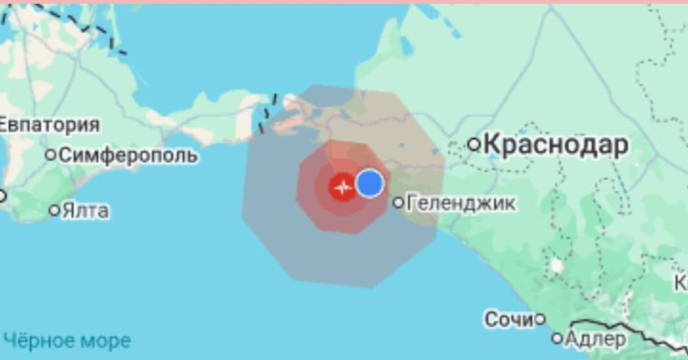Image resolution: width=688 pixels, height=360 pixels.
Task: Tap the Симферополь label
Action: pyautogui.click(x=129, y=155)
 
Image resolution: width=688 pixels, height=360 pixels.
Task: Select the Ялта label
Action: pyautogui.click(x=86, y=210)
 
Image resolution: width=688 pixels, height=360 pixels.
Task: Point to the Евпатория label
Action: pyautogui.click(x=49, y=124)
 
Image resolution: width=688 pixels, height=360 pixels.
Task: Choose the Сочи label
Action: pyautogui.click(x=509, y=320)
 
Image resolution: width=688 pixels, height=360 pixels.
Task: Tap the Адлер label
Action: pyautogui.click(x=596, y=339)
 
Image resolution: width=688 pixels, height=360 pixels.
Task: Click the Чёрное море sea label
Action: pyautogui.click(x=67, y=341)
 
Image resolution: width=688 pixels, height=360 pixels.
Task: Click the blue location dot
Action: pyautogui.click(x=369, y=183)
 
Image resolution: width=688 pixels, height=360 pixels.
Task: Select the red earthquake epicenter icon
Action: pyautogui.click(x=343, y=187)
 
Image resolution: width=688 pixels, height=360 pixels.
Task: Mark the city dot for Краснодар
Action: pyautogui.click(x=474, y=144)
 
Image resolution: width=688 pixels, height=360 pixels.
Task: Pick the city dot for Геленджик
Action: pyautogui.click(x=399, y=202)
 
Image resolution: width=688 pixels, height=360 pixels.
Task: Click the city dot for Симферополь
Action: pyautogui.click(x=51, y=154)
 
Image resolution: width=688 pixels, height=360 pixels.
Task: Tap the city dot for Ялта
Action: pyautogui.click(x=54, y=210)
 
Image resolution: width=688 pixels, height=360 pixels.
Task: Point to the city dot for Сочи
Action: pyautogui.click(x=540, y=319)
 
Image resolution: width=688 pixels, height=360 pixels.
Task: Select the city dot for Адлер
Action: pyautogui.click(x=557, y=338)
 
